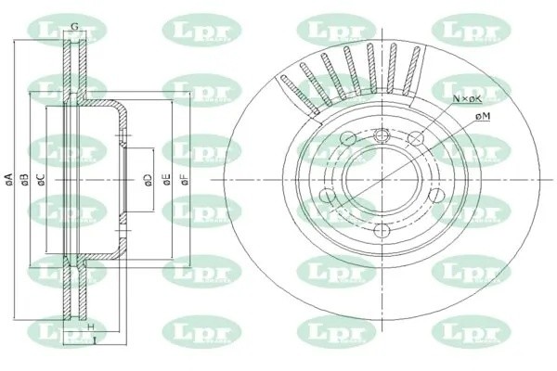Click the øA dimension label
(7, 177)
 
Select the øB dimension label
(26, 177)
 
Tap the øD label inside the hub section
(147, 177)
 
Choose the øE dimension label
(165, 177)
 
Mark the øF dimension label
(184, 177)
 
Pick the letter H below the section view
(91, 329)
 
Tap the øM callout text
(482, 115)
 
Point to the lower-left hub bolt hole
(327, 196)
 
